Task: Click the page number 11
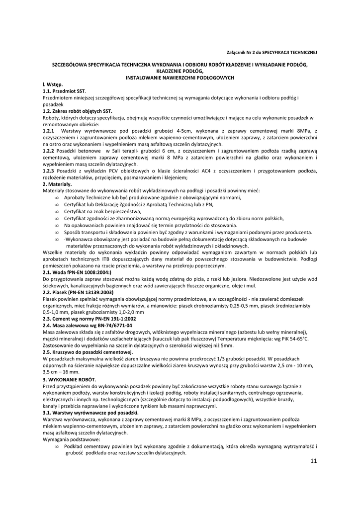[313, 461]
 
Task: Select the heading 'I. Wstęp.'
[53, 85]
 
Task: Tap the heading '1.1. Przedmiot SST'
[64, 92]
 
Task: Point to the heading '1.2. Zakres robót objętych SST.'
[78, 111]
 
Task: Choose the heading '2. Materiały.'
[58, 184]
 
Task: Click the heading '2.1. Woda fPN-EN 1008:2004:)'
[77, 272]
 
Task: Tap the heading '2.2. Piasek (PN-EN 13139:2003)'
[78, 292]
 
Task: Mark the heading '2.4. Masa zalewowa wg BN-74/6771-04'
[88, 325]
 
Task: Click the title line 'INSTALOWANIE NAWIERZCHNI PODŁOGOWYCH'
[180, 78]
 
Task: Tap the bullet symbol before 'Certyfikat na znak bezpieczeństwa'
[57, 211]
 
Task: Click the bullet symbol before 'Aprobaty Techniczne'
[57, 198]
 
